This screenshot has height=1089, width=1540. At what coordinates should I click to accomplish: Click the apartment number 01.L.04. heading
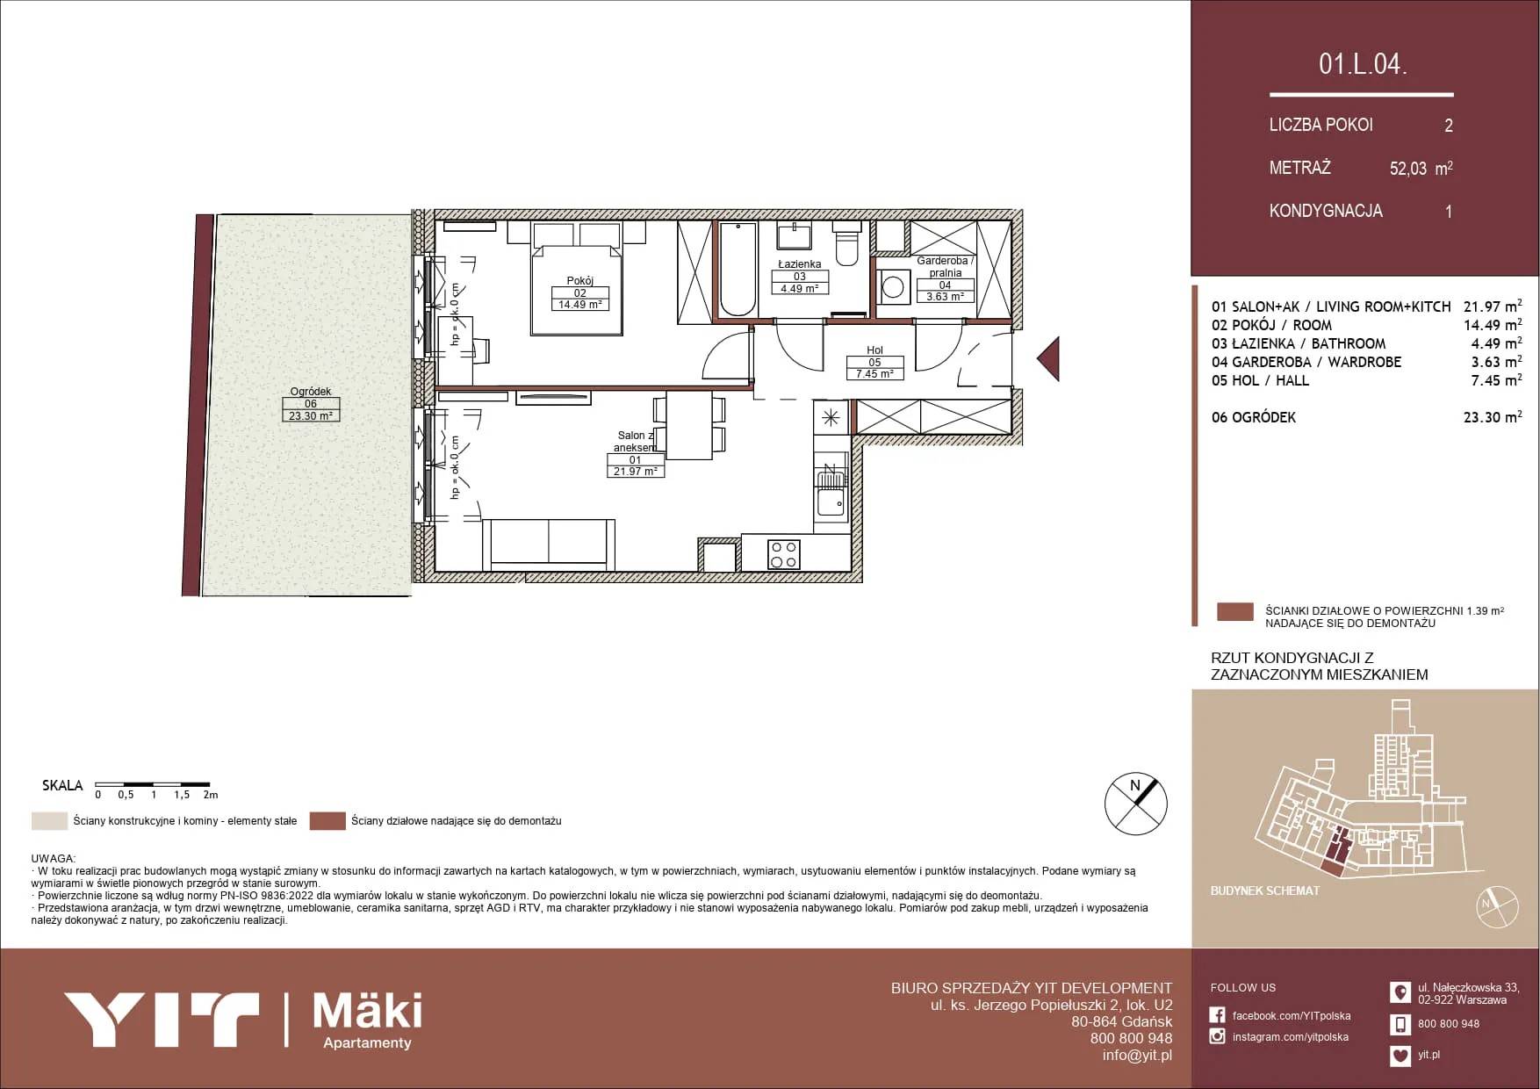click(x=1363, y=63)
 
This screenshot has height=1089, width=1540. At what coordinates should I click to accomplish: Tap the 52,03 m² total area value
click(x=1421, y=168)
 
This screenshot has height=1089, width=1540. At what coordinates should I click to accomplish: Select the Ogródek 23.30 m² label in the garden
click(x=311, y=404)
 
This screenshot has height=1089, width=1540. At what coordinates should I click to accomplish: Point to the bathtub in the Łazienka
click(x=738, y=269)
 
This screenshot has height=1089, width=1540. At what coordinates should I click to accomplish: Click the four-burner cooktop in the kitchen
click(x=783, y=554)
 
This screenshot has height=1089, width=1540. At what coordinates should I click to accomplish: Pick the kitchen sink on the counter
click(x=830, y=492)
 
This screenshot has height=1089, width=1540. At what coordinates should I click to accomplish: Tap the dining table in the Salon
click(x=689, y=425)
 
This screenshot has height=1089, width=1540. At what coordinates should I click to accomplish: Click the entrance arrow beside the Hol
click(x=1048, y=358)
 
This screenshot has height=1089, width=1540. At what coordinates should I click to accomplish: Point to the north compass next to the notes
click(x=1135, y=804)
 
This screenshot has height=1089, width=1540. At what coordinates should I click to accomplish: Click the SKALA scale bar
click(x=153, y=783)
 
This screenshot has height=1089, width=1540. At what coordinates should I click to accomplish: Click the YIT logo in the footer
click(x=162, y=1019)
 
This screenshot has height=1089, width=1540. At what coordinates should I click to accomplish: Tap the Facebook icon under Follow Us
click(x=1217, y=1015)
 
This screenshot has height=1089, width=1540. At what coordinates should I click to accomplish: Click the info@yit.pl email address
click(x=1137, y=1056)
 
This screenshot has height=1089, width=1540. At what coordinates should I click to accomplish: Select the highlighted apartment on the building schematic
click(x=1336, y=852)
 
